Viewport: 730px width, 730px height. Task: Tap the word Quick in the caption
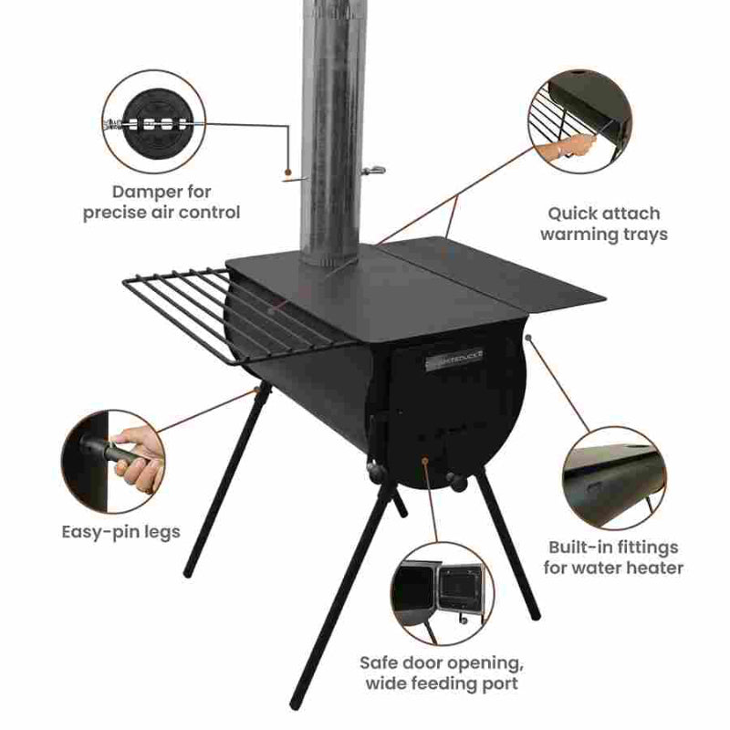(573, 214)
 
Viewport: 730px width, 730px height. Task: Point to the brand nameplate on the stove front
(456, 360)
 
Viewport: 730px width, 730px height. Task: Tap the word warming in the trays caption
(583, 234)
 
